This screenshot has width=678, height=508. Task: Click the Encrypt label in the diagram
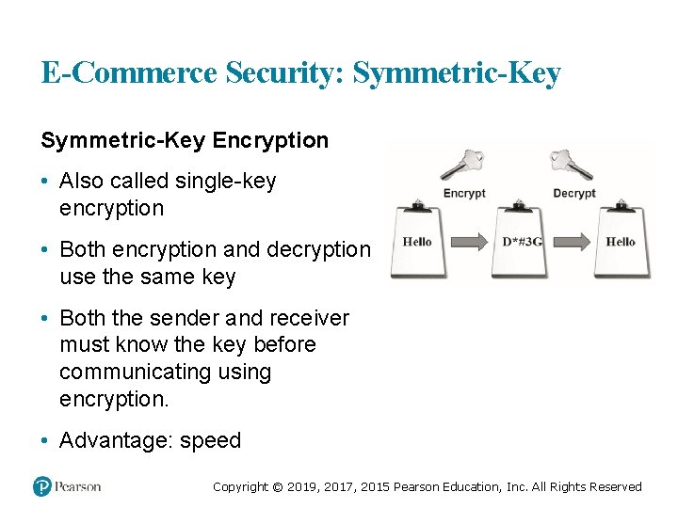click(x=464, y=193)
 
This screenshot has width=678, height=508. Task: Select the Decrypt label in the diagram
click(x=573, y=193)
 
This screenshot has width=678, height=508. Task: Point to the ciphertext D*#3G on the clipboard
click(x=522, y=242)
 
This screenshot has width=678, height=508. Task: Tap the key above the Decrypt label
click(x=573, y=165)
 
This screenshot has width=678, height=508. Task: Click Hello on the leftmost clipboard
click(x=417, y=242)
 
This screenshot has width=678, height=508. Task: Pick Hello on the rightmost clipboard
click(x=620, y=242)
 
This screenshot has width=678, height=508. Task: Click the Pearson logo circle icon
click(x=41, y=486)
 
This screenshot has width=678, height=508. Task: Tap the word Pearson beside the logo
click(x=77, y=486)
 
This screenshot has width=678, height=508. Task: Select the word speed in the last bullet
click(x=211, y=440)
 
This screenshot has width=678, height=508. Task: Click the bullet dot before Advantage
click(x=46, y=440)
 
